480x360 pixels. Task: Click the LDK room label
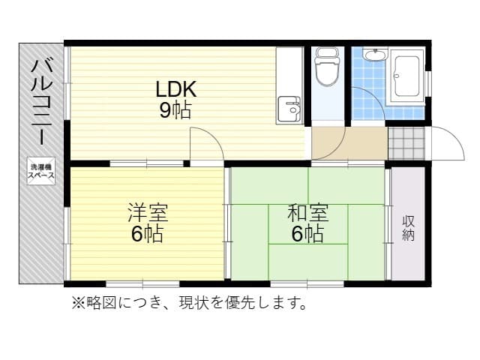(x=175, y=89)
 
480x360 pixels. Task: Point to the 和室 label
(x=308, y=213)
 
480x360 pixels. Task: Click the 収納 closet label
(x=408, y=228)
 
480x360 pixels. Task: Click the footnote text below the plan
(x=189, y=303)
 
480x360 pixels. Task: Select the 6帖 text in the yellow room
(x=147, y=234)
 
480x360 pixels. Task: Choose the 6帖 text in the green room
(x=308, y=234)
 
